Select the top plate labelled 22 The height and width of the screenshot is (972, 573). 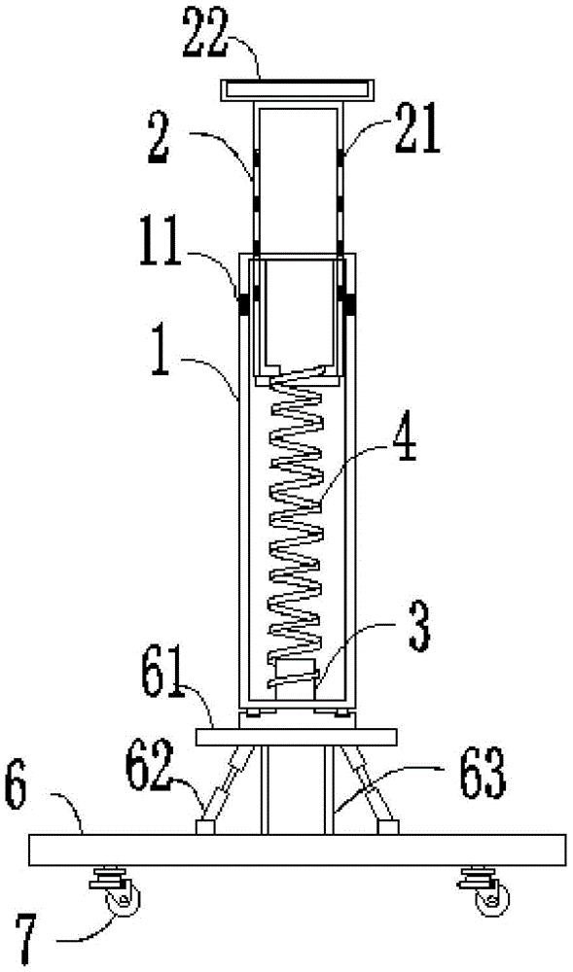pyautogui.click(x=298, y=89)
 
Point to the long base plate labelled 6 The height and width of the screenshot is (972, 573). pyautogui.click(x=298, y=850)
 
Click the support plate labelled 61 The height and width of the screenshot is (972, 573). pyautogui.click(x=297, y=737)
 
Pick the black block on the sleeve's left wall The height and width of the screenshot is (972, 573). pyautogui.click(x=244, y=303)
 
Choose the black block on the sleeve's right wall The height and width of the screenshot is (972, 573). pyautogui.click(x=351, y=303)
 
